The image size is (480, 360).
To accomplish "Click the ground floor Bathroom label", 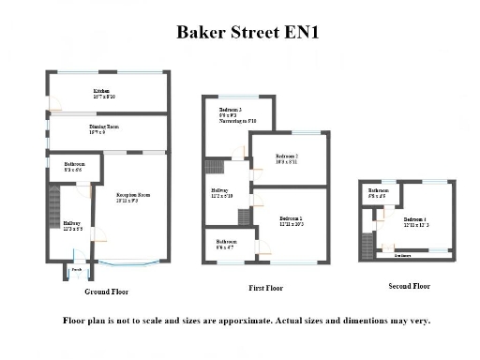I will (63, 166).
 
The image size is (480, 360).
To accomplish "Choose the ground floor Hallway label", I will (72, 226).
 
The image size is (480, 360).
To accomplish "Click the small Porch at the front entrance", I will (76, 270).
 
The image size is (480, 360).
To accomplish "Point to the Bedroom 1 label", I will (291, 222).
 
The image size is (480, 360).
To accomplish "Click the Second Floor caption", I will (409, 286).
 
